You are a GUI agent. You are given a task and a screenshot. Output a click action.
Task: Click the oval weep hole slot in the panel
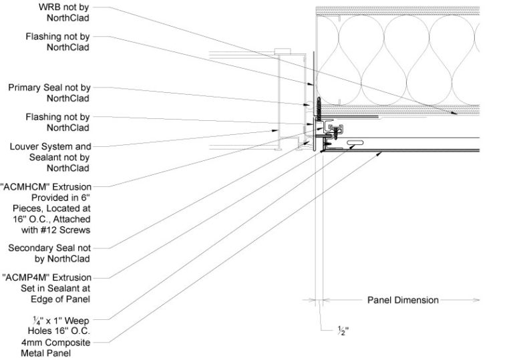(x=355, y=142)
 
